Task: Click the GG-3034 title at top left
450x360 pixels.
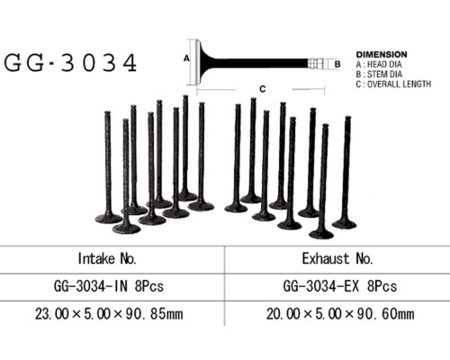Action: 70,62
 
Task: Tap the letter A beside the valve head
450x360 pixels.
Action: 186,58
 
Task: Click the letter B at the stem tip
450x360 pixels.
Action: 337,64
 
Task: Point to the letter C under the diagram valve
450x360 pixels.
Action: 263,89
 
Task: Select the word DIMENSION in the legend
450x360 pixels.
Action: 382,55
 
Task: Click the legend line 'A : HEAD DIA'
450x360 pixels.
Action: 379,64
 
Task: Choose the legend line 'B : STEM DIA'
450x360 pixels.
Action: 379,74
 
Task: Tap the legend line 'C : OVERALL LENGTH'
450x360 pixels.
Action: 393,84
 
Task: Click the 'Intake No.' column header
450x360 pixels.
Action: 107,258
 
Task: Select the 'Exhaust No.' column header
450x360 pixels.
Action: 337,258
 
